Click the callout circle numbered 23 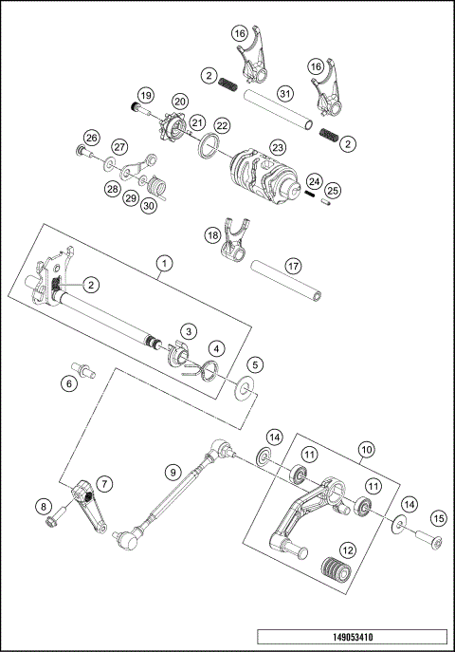pyautogui.click(x=278, y=147)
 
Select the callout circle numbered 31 pyautogui.click(x=283, y=93)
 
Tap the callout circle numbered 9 pyautogui.click(x=172, y=470)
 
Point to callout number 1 pyautogui.click(x=165, y=262)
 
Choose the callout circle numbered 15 pyautogui.click(x=438, y=518)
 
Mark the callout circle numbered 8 pyautogui.click(x=45, y=507)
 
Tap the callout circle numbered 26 pyautogui.click(x=91, y=138)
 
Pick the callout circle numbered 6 pyautogui.click(x=69, y=383)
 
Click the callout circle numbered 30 pyautogui.click(x=149, y=206)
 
